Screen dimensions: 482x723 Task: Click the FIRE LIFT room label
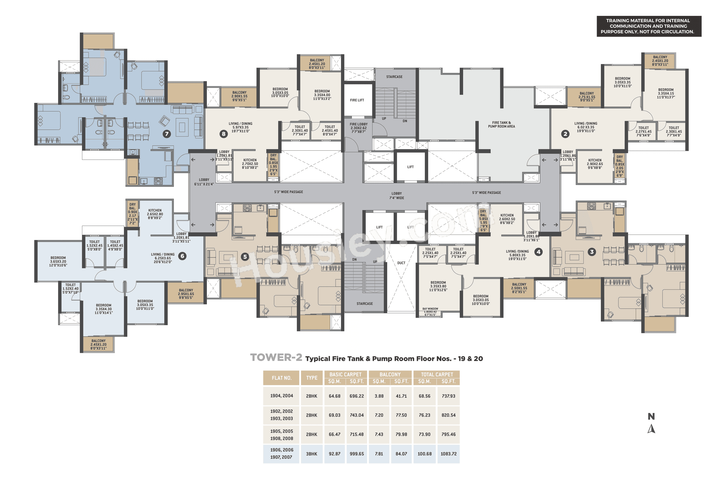click(357, 100)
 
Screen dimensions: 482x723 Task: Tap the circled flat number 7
click(167, 134)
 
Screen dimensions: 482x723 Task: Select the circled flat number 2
click(565, 134)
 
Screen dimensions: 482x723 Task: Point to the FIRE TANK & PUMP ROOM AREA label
click(501, 125)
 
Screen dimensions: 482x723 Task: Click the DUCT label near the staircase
click(401, 263)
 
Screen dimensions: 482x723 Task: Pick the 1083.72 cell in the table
click(448, 454)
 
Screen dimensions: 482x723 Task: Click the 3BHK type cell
click(311, 454)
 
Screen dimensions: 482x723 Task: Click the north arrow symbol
click(651, 429)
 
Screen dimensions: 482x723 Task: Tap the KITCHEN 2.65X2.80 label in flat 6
click(155, 214)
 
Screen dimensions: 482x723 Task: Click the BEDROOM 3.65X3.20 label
click(58, 261)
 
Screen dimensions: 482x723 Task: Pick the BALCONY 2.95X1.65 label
click(186, 294)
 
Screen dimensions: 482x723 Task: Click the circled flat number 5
click(245, 257)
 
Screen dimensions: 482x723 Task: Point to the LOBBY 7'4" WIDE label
click(396, 195)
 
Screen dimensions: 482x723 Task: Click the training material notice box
click(649, 26)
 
